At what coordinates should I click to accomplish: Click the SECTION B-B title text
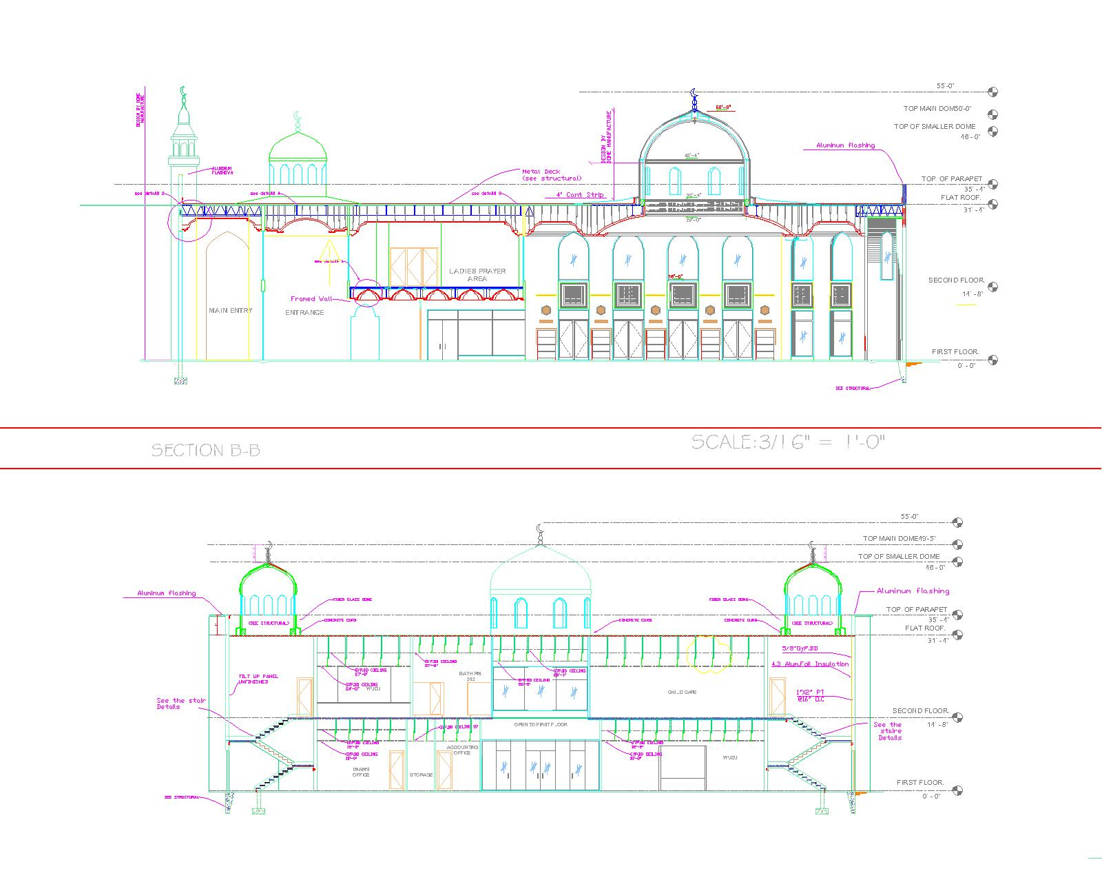point(205,451)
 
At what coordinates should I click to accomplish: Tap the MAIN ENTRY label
point(230,311)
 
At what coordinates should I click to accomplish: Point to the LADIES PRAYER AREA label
point(477,274)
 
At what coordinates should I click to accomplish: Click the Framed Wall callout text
point(311,299)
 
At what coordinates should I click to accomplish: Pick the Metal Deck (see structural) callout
point(551,175)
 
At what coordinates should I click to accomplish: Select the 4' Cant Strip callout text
point(580,195)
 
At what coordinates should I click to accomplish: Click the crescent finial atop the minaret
point(183,92)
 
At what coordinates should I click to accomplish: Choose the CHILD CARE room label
point(682,692)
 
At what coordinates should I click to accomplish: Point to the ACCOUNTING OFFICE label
point(462,750)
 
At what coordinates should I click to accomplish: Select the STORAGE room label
point(421,775)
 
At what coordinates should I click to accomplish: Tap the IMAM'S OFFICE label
point(361,772)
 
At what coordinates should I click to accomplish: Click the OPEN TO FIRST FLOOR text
point(541,725)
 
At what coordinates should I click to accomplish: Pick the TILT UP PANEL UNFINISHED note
point(258,679)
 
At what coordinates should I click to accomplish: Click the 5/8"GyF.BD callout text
point(800,648)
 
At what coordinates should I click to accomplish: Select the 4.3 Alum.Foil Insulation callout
point(810,664)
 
